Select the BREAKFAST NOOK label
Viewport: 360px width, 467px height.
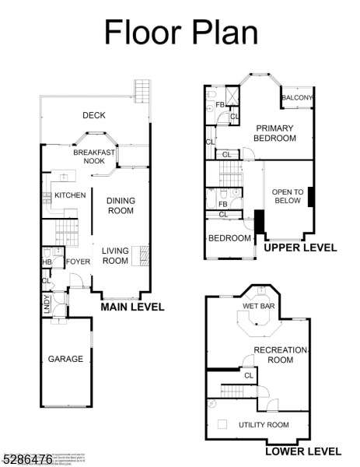click(x=93, y=156)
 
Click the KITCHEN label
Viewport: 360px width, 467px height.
click(x=70, y=195)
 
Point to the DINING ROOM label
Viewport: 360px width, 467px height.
click(x=121, y=205)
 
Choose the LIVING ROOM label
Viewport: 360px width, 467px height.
click(x=115, y=255)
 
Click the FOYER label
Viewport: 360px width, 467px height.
click(x=78, y=262)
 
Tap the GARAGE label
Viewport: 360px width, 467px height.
click(x=65, y=359)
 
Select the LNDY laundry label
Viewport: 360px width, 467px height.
click(x=47, y=302)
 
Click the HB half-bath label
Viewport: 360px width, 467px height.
click(x=46, y=262)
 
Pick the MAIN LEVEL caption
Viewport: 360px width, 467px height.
click(x=132, y=307)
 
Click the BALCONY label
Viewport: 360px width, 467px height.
click(x=297, y=98)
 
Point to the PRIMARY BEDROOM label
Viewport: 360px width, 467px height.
click(x=275, y=133)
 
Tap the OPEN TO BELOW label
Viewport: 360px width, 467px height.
click(x=287, y=195)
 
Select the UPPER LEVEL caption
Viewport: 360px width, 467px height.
click(x=300, y=248)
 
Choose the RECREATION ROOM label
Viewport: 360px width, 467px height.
click(x=281, y=355)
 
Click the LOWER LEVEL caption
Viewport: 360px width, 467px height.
click(x=302, y=451)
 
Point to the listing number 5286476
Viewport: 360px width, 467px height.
click(x=26, y=460)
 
